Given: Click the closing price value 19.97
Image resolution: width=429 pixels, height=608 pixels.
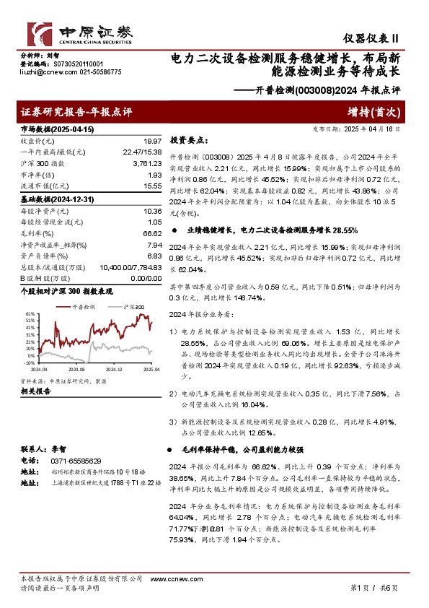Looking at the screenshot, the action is coord(151,141).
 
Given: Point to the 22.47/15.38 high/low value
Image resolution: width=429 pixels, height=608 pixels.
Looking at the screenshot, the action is coord(142,152).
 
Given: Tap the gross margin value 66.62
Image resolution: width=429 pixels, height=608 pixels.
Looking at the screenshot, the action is coord(150,233).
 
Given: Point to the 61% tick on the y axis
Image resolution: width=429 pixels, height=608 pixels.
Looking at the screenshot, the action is coord(30,315).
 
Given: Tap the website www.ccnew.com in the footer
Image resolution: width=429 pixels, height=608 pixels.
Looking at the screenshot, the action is coord(169,579).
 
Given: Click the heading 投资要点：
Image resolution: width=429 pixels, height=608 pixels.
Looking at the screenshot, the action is coord(188,142).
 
